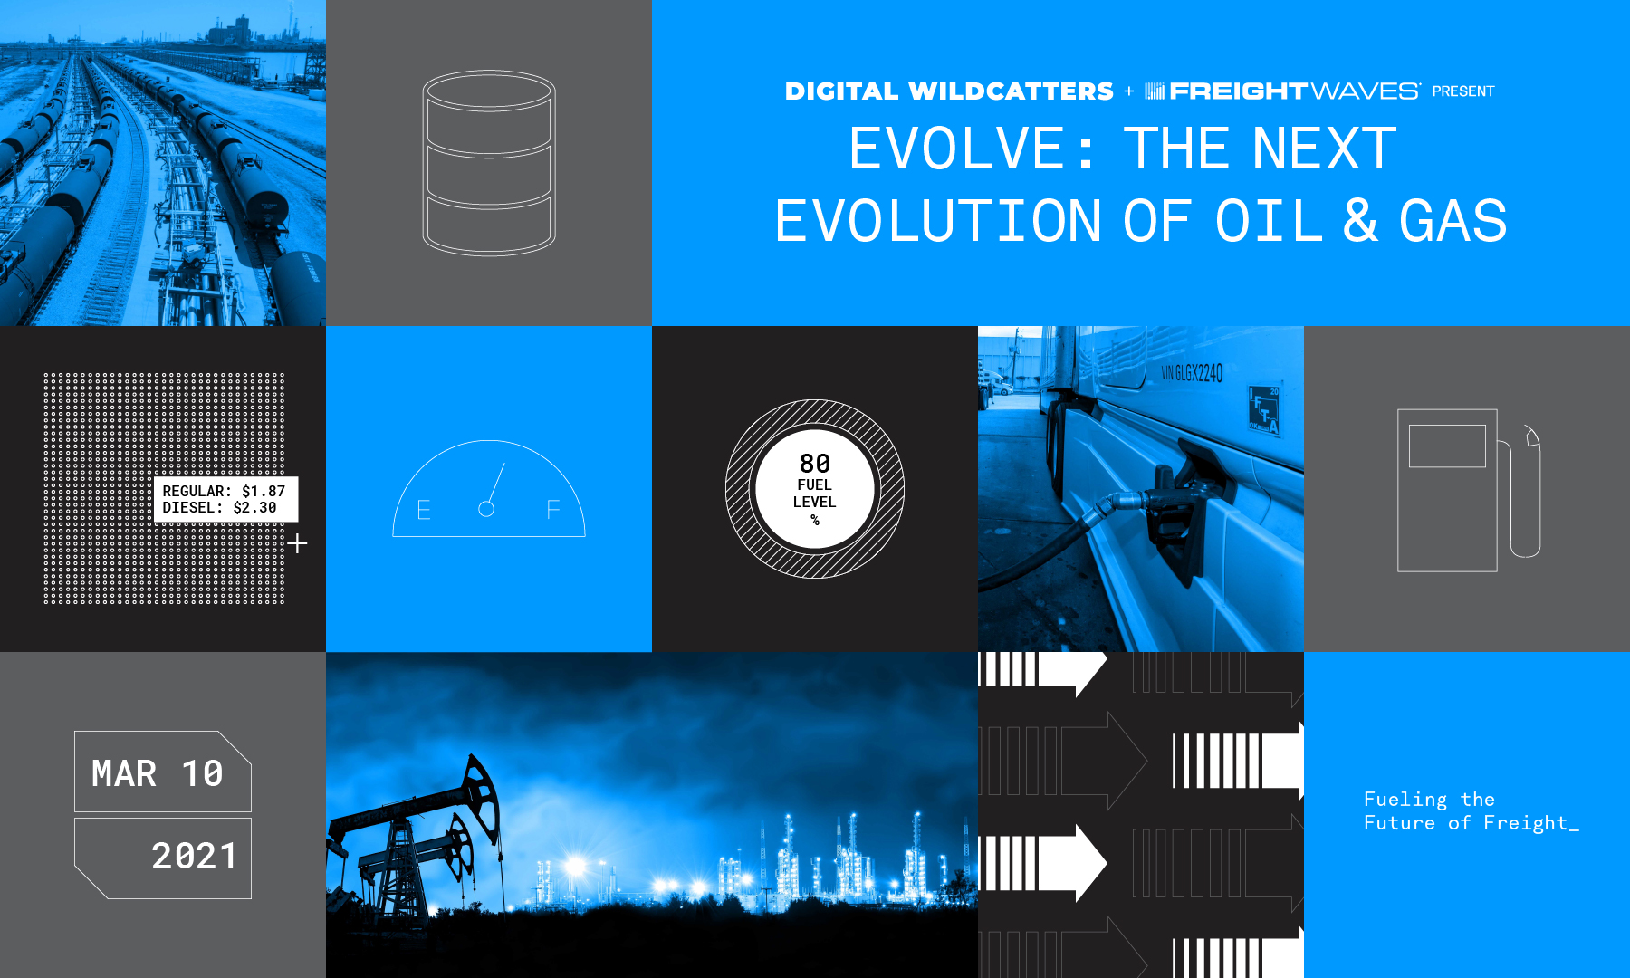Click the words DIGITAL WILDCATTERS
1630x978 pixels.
pyautogui.click(x=949, y=91)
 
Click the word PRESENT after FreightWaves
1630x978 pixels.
pyautogui.click(x=1462, y=91)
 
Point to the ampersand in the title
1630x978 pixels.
pyautogui.click(x=1360, y=222)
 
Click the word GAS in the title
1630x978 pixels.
pyautogui.click(x=1453, y=222)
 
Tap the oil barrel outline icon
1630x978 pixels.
pyautogui.click(x=489, y=163)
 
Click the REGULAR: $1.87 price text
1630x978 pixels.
pyautogui.click(x=224, y=491)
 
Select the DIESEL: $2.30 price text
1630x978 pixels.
pyautogui.click(x=219, y=508)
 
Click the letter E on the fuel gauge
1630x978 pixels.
pyautogui.click(x=423, y=511)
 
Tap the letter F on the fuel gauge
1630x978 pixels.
pyautogui.click(x=553, y=511)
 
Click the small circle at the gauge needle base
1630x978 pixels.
pyautogui.click(x=486, y=509)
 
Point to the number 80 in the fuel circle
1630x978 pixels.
pyautogui.click(x=815, y=464)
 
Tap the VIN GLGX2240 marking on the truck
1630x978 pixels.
pyautogui.click(x=1192, y=372)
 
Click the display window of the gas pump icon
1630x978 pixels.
pyautogui.click(x=1447, y=446)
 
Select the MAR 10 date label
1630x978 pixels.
pyautogui.click(x=158, y=773)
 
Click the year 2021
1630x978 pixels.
pyautogui.click(x=194, y=857)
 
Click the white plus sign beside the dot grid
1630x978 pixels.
pyautogui.click(x=298, y=543)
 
